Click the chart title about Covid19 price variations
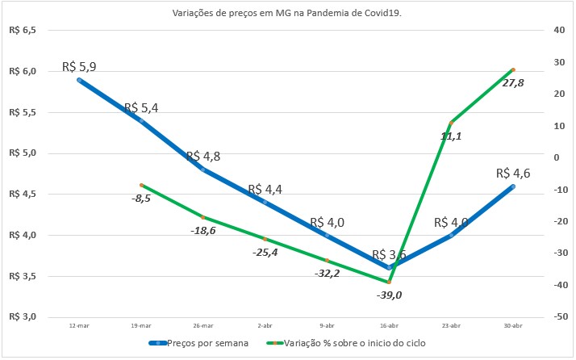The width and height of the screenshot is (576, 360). tap(288, 13)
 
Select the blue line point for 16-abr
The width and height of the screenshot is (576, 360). tap(389, 267)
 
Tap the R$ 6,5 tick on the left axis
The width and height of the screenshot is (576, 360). tap(23, 31)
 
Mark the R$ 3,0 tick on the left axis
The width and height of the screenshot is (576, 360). tap(23, 316)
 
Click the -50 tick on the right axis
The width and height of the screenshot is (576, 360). tap(556, 316)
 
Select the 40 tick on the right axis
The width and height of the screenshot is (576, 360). tap(556, 31)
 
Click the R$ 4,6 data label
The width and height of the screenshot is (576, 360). tap(513, 172)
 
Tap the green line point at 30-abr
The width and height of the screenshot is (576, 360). tap(513, 70)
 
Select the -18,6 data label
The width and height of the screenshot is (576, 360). tap(202, 230)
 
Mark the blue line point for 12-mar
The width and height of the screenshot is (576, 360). tap(79, 80)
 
